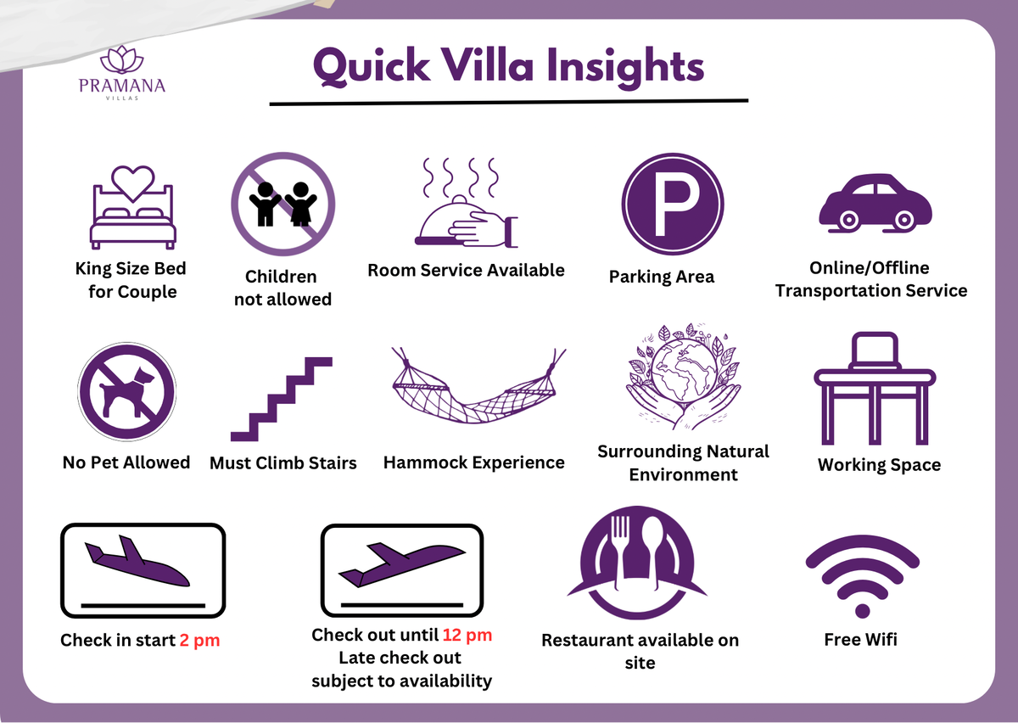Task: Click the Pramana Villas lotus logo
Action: tap(122, 59)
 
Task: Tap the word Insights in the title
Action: tap(625, 67)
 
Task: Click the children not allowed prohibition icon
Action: tap(283, 204)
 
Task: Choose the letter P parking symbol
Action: tap(674, 204)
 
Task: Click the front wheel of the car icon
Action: tap(849, 220)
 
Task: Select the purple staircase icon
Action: tap(282, 399)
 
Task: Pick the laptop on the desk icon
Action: tap(875, 350)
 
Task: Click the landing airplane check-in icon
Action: tap(143, 570)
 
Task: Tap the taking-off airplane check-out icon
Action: tap(402, 569)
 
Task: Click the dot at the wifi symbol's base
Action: tap(862, 610)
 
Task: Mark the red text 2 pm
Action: tap(199, 640)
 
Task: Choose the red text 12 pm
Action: tap(467, 635)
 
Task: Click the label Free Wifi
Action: tap(861, 639)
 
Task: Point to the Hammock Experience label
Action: tap(474, 462)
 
